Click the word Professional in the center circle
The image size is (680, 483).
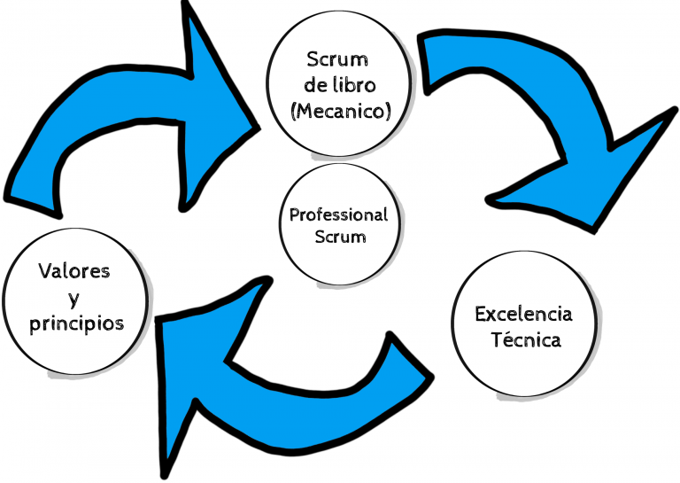click(339, 215)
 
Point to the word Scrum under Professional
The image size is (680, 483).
click(339, 237)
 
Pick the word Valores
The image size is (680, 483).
click(73, 271)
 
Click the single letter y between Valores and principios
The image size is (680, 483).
click(74, 298)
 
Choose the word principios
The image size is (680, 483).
click(76, 324)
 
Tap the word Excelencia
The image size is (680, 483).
click(523, 314)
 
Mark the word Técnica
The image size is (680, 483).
click(526, 340)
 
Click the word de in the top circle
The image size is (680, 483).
click(314, 86)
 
